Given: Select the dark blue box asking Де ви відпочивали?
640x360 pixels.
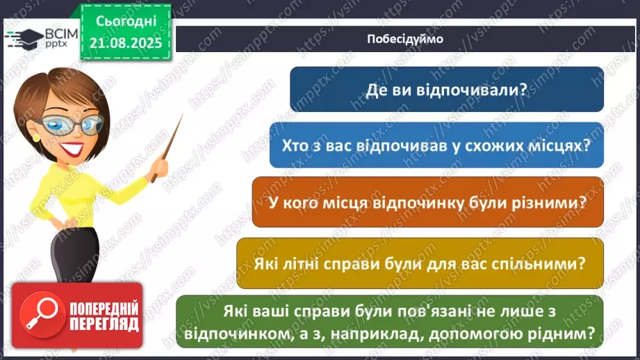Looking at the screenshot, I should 446,89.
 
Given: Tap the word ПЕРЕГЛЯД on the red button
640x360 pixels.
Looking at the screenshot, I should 103,325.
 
